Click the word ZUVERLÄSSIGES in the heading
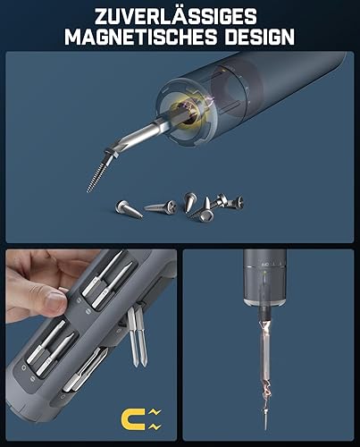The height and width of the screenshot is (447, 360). [x=176, y=16]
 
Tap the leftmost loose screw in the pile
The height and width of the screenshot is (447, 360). [x=129, y=208]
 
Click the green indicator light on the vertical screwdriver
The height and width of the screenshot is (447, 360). [x=264, y=272]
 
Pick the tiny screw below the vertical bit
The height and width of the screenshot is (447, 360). [x=265, y=417]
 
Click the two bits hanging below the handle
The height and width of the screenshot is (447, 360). [x=137, y=337]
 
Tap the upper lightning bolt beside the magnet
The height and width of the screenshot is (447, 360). [x=155, y=412]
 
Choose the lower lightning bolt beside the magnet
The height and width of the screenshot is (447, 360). [x=155, y=426]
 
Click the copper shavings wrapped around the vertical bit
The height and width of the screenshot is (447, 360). [x=265, y=358]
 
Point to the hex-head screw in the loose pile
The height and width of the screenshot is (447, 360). [x=203, y=210]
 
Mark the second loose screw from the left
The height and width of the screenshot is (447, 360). [x=162, y=207]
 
